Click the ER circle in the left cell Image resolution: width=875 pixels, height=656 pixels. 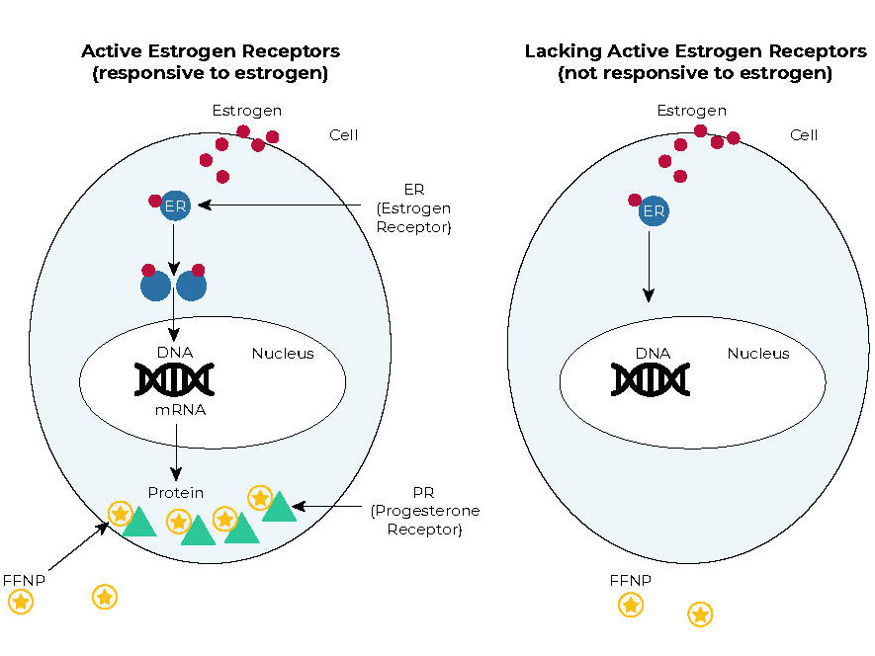click(x=174, y=205)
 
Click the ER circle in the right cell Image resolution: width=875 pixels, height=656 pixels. click(x=653, y=210)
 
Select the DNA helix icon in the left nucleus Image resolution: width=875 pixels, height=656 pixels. click(x=175, y=379)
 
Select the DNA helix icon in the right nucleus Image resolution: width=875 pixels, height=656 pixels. click(x=651, y=379)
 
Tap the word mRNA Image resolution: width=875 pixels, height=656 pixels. click(x=180, y=409)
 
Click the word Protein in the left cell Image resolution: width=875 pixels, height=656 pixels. click(x=176, y=492)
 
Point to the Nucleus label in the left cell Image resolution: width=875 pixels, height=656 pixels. click(x=283, y=354)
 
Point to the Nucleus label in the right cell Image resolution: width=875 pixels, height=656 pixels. click(x=758, y=354)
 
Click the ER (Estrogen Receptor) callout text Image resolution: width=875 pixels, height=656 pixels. click(x=413, y=208)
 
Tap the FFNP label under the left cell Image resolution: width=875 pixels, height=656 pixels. click(x=24, y=580)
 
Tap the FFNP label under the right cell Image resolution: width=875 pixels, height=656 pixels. click(x=631, y=580)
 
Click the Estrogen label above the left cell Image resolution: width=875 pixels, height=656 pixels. click(x=247, y=111)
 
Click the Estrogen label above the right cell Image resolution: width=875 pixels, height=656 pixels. click(x=692, y=111)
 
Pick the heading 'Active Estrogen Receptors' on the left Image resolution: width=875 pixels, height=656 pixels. click(x=210, y=51)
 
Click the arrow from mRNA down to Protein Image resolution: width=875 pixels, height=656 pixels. click(x=176, y=451)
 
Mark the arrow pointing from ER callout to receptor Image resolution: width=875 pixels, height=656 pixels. click(x=287, y=205)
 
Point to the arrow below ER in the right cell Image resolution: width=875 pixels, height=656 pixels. click(x=649, y=262)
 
